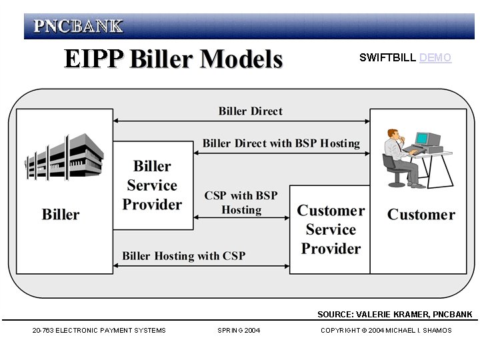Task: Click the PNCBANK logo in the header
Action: click(x=78, y=27)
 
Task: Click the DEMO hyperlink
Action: click(x=435, y=58)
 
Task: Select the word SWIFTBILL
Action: click(x=388, y=58)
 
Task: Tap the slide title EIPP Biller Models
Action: click(x=173, y=59)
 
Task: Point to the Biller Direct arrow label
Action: click(x=250, y=111)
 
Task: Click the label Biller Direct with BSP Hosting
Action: click(x=281, y=143)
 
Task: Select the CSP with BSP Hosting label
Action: click(x=241, y=203)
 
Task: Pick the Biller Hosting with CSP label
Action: click(x=183, y=256)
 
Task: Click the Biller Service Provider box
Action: click(x=153, y=185)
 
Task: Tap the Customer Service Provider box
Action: click(x=330, y=229)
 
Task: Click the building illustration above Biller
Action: click(x=64, y=157)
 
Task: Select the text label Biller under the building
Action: click(x=61, y=215)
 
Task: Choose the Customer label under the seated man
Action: click(x=421, y=215)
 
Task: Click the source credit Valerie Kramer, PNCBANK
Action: click(x=395, y=315)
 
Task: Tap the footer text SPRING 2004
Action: click(x=239, y=331)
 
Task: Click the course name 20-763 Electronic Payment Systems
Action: click(x=99, y=331)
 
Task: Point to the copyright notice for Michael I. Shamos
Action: click(x=385, y=331)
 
